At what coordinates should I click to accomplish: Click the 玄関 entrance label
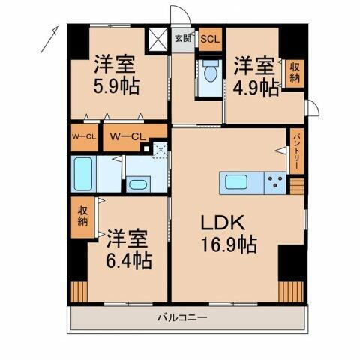[183, 37]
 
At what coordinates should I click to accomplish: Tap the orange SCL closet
[209, 37]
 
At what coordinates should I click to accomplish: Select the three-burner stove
[275, 181]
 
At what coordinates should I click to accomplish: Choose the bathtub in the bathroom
[85, 175]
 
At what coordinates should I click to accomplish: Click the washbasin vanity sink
[136, 184]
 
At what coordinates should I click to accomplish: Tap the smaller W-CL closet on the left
[83, 136]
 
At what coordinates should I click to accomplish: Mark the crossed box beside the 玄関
[159, 37]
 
